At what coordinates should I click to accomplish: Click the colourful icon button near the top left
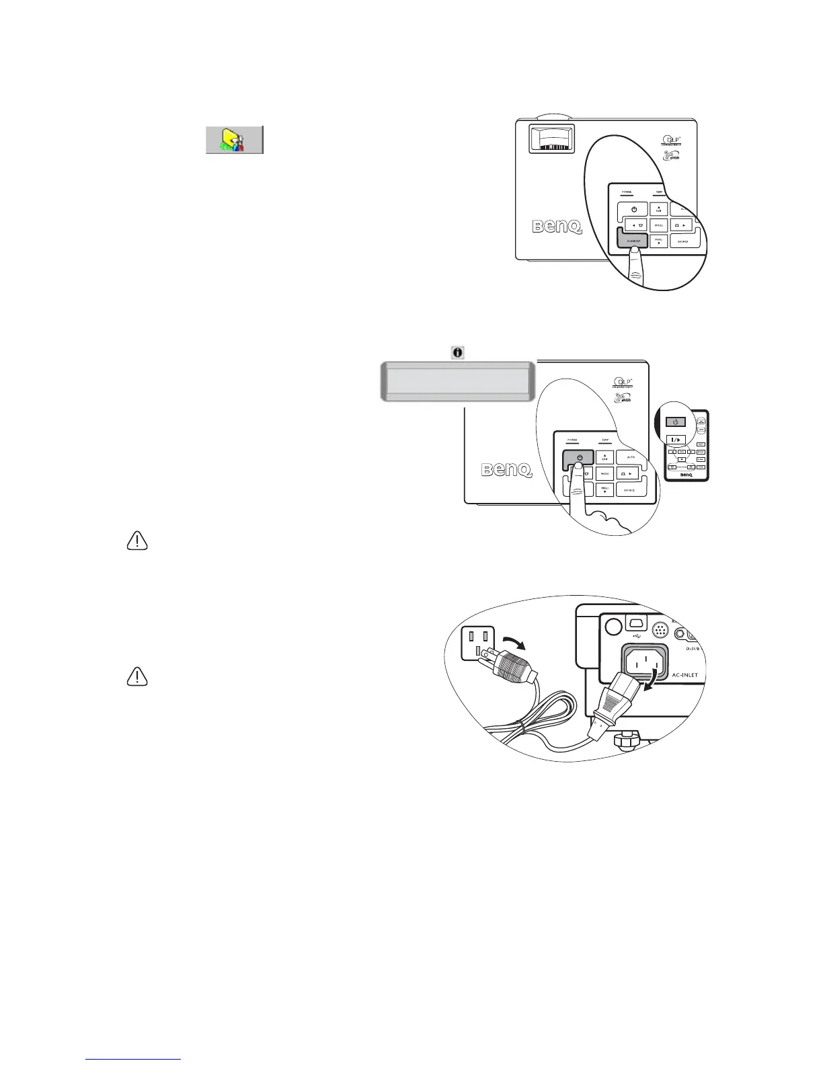[x=234, y=139]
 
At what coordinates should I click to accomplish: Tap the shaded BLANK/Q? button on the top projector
[x=632, y=240]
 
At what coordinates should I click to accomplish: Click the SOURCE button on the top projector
[x=682, y=241]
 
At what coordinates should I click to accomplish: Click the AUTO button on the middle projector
[x=631, y=458]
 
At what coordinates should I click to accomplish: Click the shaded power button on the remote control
[x=676, y=422]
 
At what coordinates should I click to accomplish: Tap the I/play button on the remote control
[x=676, y=439]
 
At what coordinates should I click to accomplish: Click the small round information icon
[x=458, y=352]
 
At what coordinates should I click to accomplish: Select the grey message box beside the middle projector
[x=457, y=381]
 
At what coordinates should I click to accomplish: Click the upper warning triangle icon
[x=137, y=541]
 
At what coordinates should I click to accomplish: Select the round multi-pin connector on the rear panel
[x=661, y=630]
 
